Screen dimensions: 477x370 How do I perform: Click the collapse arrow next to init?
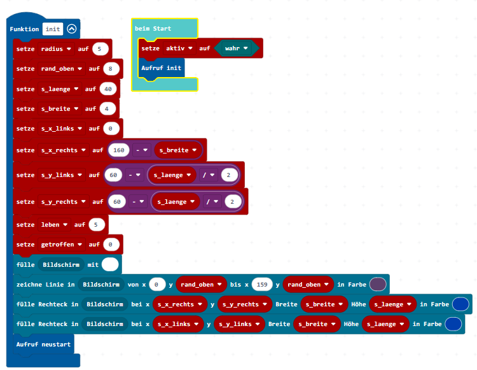(x=72, y=29)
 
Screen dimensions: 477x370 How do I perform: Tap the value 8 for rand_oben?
(x=111, y=69)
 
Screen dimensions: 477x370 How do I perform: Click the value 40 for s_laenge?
(x=108, y=89)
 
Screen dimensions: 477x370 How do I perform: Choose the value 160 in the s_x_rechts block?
(x=119, y=150)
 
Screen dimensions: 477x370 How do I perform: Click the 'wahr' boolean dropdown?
(x=237, y=48)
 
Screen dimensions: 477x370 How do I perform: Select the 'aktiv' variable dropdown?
(x=179, y=48)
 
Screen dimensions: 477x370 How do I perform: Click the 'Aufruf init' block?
(x=162, y=68)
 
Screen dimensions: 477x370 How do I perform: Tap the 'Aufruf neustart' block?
(x=43, y=345)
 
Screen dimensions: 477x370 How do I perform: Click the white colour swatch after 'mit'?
(x=110, y=265)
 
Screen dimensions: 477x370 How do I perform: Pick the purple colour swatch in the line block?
(x=378, y=285)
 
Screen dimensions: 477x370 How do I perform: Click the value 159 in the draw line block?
(x=262, y=285)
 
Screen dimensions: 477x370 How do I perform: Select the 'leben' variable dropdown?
(x=54, y=225)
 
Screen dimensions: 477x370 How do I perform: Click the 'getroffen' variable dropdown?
(x=62, y=245)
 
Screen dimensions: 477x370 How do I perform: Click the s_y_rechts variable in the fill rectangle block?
(x=245, y=304)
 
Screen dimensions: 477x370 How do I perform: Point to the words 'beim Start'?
(x=153, y=29)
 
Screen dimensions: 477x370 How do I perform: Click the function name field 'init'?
(x=53, y=29)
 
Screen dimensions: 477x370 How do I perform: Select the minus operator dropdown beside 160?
(x=141, y=150)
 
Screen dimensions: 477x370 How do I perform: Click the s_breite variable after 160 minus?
(x=178, y=150)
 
